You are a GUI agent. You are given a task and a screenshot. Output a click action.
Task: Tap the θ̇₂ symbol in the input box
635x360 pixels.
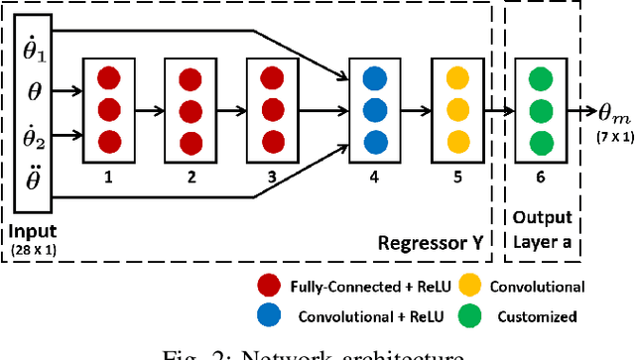(35, 135)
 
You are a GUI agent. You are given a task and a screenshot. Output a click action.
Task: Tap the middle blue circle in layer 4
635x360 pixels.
(373, 110)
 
